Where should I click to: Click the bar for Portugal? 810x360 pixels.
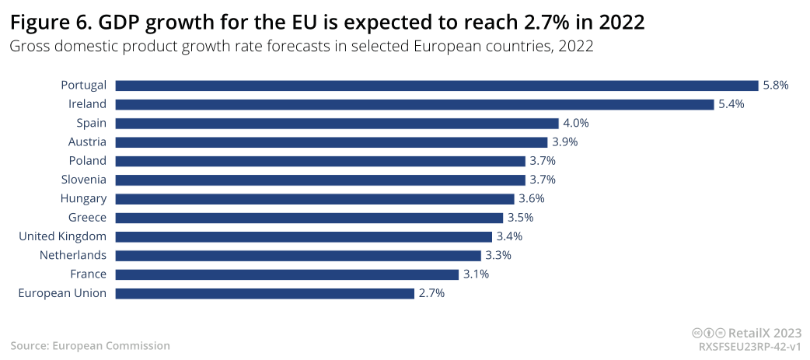pos(437,86)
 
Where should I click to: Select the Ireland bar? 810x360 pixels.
pos(414,104)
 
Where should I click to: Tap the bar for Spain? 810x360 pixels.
pos(337,123)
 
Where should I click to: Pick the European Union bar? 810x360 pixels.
pos(265,293)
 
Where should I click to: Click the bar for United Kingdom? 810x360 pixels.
pos(304,236)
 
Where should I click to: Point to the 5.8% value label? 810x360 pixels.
pos(776,86)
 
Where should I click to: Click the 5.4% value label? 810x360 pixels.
pos(731,104)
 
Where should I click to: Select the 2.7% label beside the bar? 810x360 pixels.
pos(431,293)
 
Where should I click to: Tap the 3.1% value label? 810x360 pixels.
pos(476,274)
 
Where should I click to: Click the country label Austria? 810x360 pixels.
pos(88,142)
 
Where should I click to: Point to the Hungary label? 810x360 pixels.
pos(83,199)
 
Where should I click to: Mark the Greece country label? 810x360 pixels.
pos(86,218)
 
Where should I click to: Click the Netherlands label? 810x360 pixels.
pos(73,255)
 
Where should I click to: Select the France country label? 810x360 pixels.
pos(88,274)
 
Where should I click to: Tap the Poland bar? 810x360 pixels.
pos(321,161)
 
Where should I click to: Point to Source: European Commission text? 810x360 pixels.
pos(90,345)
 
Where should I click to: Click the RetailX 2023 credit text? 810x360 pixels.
pos(764,332)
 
